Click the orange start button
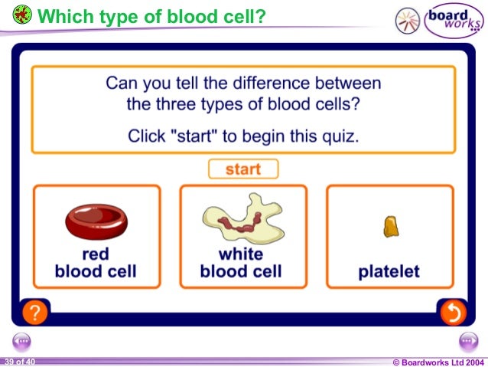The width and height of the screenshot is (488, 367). (x=242, y=169)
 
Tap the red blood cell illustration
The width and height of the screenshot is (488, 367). (x=96, y=221)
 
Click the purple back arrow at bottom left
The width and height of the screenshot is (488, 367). (x=21, y=342)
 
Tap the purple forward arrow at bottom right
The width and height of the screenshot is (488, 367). (x=467, y=342)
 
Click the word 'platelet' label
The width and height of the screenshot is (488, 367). (x=389, y=272)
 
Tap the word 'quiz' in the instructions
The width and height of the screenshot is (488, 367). (x=341, y=136)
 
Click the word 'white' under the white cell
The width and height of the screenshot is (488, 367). (x=241, y=254)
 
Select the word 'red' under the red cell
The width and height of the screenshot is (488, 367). (x=96, y=254)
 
